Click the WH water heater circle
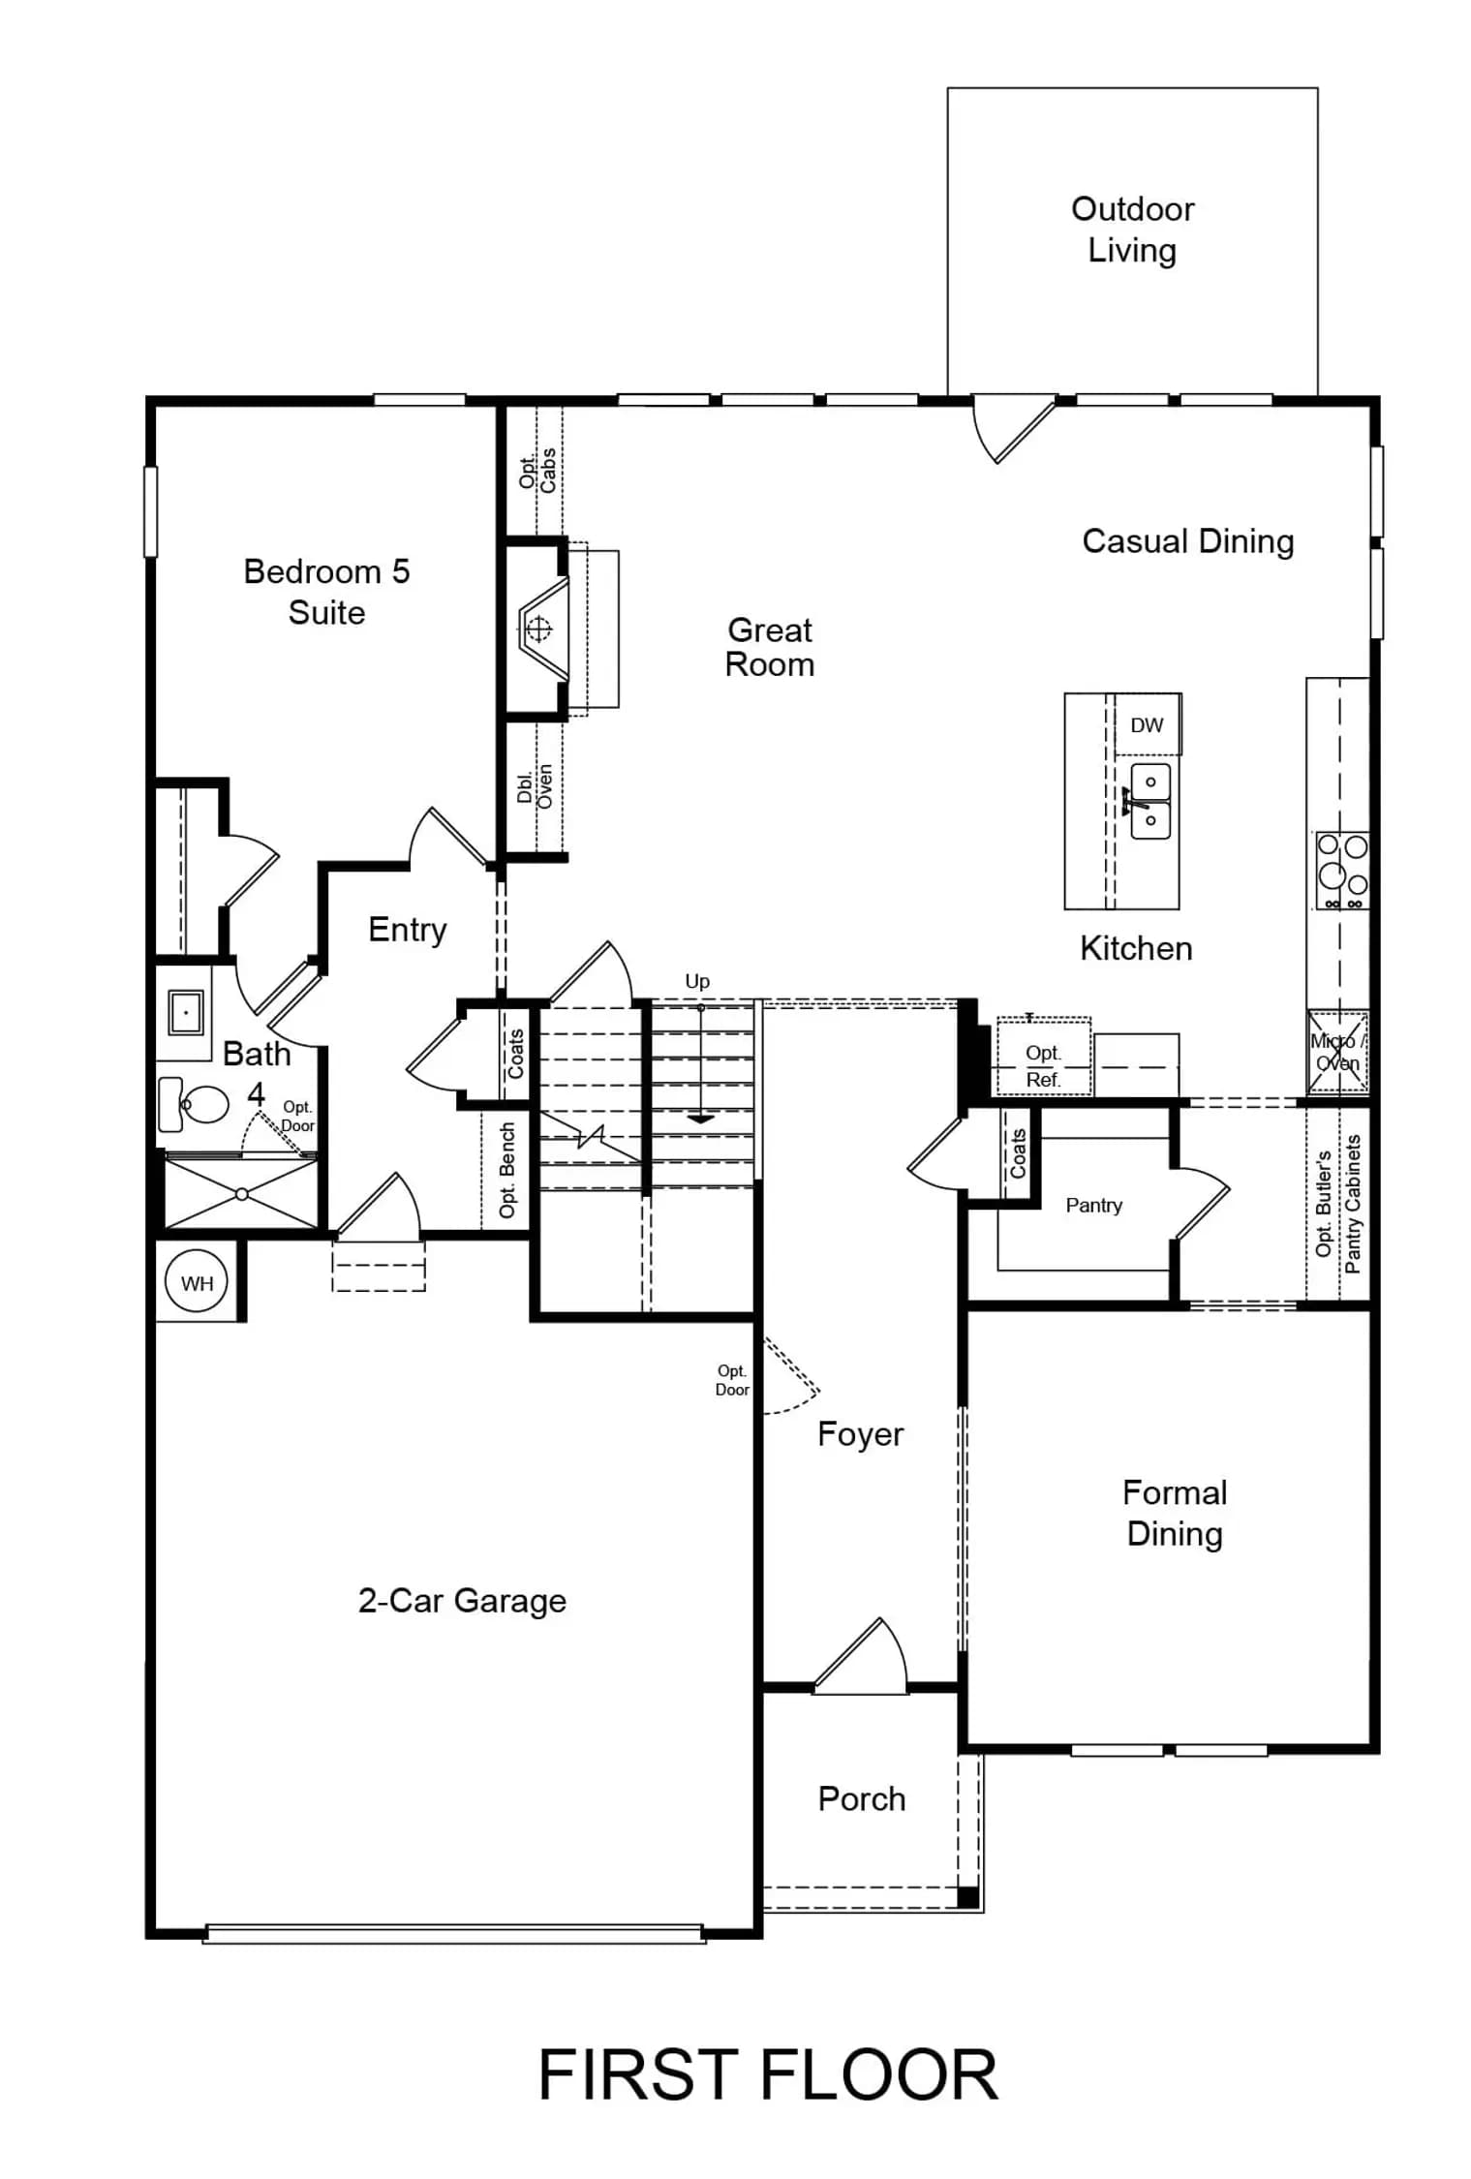pyautogui.click(x=197, y=1282)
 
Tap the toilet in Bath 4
pyautogui.click(x=193, y=1104)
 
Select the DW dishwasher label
pyautogui.click(x=1147, y=724)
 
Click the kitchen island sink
pyautogui.click(x=1149, y=801)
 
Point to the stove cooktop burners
pyautogui.click(x=1342, y=870)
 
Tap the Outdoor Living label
pyautogui.click(x=1132, y=230)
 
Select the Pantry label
pyautogui.click(x=1093, y=1205)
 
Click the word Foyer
pyautogui.click(x=860, y=1433)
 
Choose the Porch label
pyautogui.click(x=862, y=1798)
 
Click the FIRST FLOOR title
pyautogui.click(x=767, y=2074)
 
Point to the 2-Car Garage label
pyautogui.click(x=462, y=1600)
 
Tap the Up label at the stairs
pyautogui.click(x=697, y=981)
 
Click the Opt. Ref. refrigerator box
pyautogui.click(x=1044, y=1056)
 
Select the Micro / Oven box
pyautogui.click(x=1338, y=1052)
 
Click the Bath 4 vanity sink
pyautogui.click(x=185, y=1012)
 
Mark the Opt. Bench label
pyautogui.click(x=506, y=1170)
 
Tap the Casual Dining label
pyautogui.click(x=1187, y=540)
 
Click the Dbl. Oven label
pyautogui.click(x=535, y=785)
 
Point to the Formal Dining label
pyautogui.click(x=1175, y=1513)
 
